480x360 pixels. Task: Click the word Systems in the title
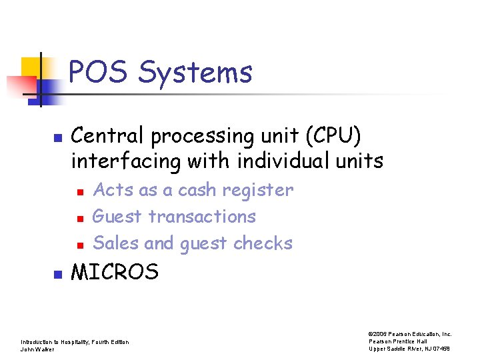click(x=195, y=72)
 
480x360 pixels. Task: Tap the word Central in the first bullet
click(x=108, y=136)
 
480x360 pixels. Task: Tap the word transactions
click(x=202, y=217)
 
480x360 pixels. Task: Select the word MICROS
click(x=115, y=272)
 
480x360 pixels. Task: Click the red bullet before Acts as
click(x=79, y=192)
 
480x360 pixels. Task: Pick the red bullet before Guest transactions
click(x=79, y=218)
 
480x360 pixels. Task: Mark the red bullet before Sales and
click(x=79, y=245)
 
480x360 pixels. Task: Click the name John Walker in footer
click(x=37, y=349)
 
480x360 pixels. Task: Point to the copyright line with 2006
click(x=409, y=334)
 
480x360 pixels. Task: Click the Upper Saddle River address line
click(x=410, y=349)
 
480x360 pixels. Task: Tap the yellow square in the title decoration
click(x=31, y=67)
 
